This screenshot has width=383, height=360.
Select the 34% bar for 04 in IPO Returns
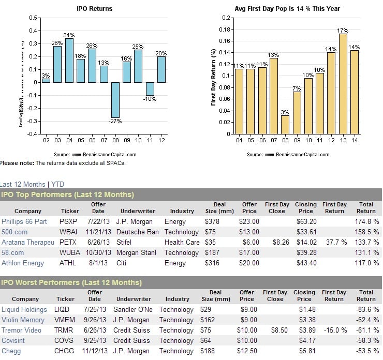click(69, 60)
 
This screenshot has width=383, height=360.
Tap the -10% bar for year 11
click(150, 88)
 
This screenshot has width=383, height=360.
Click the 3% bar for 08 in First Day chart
click(285, 125)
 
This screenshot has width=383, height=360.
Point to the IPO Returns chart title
click(94, 9)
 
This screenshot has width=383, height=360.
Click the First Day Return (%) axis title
click(213, 76)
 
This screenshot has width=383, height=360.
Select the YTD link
click(57, 184)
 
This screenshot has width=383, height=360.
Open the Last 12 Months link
click(23, 184)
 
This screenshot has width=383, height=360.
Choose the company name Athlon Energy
click(23, 263)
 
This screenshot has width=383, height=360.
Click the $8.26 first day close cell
click(274, 242)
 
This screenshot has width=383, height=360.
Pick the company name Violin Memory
click(22, 320)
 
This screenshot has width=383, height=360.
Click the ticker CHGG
click(68, 351)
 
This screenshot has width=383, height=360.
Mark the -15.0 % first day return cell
click(334, 330)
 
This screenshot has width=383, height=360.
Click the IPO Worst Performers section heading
click(71, 282)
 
